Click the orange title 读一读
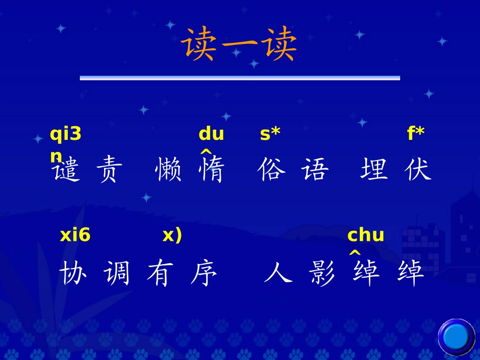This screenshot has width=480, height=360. tap(239, 44)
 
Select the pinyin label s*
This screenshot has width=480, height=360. tap(270, 134)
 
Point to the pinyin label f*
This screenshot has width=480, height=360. tap(415, 134)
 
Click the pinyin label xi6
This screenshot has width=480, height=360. tap(75, 235)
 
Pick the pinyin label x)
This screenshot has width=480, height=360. tap(172, 235)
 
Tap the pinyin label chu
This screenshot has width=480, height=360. tap(365, 235)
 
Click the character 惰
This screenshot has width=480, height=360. tap(212, 170)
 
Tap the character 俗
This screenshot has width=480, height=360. tap(271, 170)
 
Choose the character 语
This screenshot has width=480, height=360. tap(315, 170)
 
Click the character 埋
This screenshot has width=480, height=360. tap(374, 170)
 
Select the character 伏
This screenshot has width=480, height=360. tap(418, 170)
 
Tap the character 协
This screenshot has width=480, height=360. tap(73, 274)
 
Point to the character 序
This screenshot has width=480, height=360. tap(204, 274)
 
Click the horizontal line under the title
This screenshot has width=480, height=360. tap(239, 78)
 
